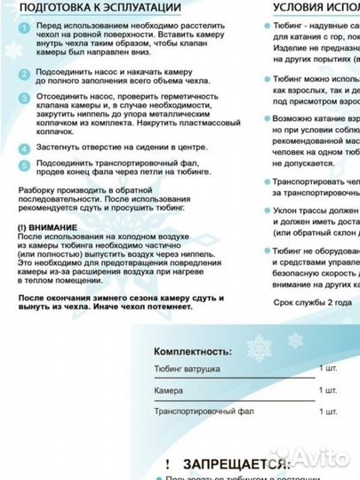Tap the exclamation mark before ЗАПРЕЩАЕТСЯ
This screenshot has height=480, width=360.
coord(166,463)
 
